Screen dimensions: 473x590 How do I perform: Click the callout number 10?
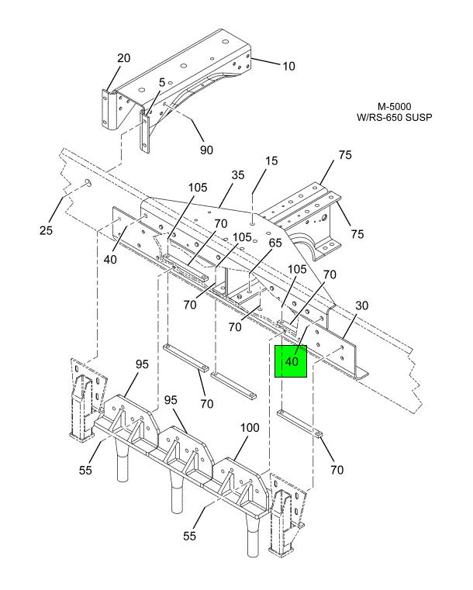tap(288, 66)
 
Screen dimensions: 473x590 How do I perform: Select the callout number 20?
tap(124, 58)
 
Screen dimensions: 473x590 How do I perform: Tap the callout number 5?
tap(162, 82)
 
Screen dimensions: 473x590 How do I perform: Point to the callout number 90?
tap(206, 150)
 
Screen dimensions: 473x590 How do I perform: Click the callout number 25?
tap(46, 230)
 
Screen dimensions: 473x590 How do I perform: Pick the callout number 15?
tap(271, 160)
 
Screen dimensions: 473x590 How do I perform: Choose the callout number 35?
tap(238, 175)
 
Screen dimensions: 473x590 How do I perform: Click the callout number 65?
tap(275, 243)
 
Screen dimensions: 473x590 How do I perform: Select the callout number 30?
tap(361, 305)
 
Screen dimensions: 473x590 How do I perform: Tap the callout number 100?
tap(250, 428)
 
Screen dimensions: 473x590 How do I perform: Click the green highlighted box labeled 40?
tap(292, 361)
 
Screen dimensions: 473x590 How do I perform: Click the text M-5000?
tap(395, 107)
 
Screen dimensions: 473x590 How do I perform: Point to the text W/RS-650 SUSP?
tap(395, 117)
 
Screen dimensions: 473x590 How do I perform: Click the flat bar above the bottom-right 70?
tap(300, 424)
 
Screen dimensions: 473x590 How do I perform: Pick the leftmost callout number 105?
tap(198, 188)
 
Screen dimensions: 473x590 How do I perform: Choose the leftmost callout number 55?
tap(85, 470)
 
